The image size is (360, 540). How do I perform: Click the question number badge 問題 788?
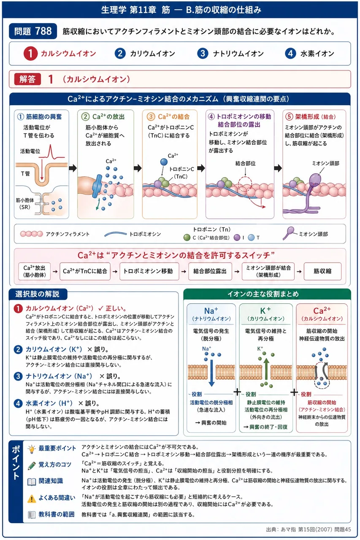33,31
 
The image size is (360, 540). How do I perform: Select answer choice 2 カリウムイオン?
145,54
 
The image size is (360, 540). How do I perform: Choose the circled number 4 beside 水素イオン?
290,54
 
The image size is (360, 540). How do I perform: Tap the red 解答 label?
27,79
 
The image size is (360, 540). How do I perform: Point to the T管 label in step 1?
25,174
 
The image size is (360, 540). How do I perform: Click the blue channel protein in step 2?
97,186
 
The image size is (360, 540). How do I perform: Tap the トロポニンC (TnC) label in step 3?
181,173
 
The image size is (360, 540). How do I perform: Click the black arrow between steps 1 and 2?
73,168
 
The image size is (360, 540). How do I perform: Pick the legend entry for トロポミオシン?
133,234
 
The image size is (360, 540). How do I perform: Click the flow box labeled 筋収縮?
322,271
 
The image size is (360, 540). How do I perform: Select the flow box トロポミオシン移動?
149,271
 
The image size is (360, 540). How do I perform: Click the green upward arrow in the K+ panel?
266,369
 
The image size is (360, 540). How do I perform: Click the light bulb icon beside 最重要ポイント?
32,449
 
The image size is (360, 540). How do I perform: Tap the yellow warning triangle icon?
32,499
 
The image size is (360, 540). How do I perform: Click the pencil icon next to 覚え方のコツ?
32,465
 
